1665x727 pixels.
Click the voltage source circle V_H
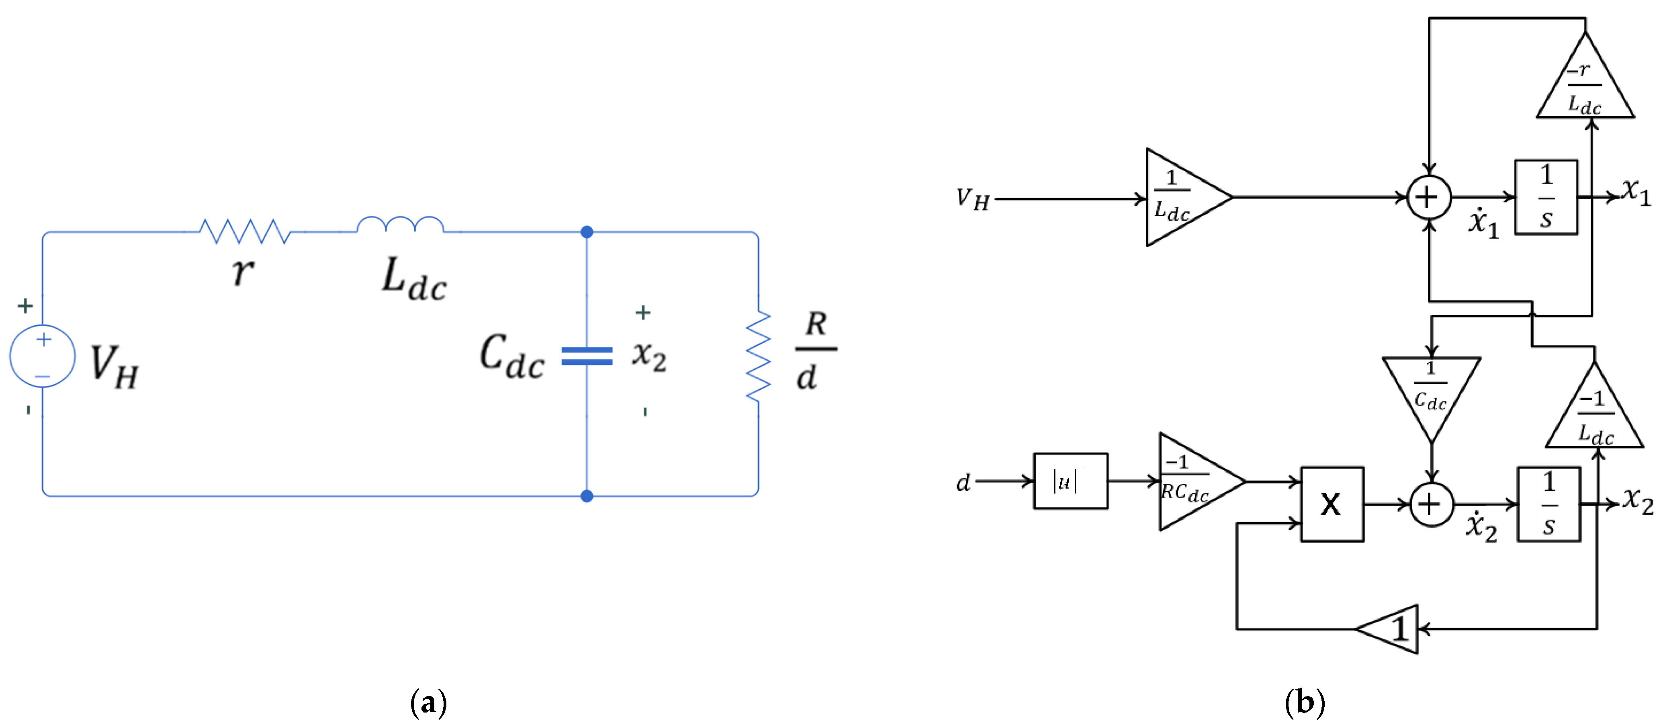(43, 356)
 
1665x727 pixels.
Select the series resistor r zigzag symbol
(244, 231)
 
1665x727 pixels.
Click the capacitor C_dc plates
(587, 356)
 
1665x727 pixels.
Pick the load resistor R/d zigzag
(758, 356)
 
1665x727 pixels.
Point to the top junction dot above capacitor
(587, 232)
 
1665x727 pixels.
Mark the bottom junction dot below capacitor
(587, 496)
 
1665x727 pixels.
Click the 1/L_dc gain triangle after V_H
(1180, 197)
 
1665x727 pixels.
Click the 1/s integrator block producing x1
(1546, 197)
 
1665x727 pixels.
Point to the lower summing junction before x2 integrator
(1432, 504)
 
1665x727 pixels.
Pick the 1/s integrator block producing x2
(1548, 504)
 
